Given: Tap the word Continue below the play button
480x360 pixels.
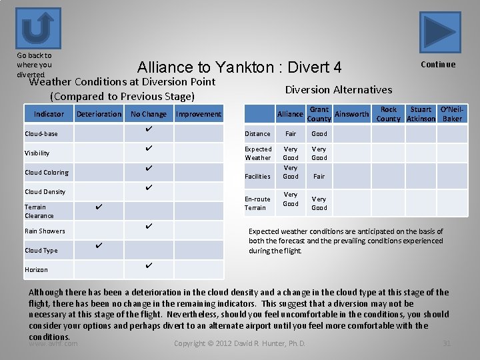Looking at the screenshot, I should (438, 65).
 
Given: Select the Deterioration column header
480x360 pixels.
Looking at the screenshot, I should (99, 114).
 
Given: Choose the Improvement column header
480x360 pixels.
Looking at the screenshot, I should (198, 114).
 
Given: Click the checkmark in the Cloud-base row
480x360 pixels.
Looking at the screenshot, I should (149, 129).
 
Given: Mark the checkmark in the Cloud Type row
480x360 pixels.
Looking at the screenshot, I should (98, 246).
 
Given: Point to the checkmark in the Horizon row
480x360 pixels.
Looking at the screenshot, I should (149, 265).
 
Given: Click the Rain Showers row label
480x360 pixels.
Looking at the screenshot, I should (45, 231).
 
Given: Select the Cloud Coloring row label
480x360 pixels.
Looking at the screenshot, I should (47, 173).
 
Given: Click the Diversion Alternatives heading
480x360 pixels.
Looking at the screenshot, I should (339, 89).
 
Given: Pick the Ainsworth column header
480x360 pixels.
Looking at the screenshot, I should (351, 114).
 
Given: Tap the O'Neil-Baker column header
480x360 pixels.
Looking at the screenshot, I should (452, 114).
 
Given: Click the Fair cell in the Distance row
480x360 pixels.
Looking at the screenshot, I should (291, 133).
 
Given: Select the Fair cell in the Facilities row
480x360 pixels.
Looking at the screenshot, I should (319, 177).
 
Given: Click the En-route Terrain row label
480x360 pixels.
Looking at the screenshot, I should (257, 203).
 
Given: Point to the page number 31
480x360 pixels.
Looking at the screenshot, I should (447, 343).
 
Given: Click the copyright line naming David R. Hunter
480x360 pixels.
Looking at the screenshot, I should (239, 343).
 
